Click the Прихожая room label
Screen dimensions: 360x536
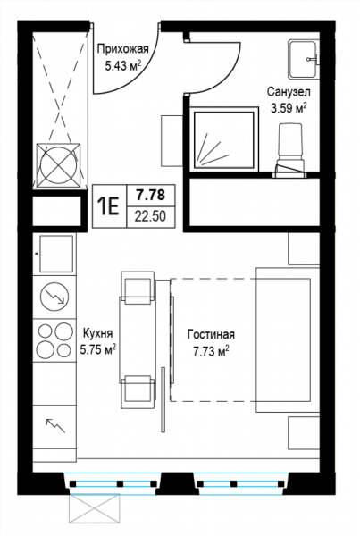point(122,49)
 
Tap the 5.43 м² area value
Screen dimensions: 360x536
point(123,65)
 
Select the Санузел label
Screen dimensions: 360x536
point(289,92)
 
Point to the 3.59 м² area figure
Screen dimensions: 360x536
point(289,108)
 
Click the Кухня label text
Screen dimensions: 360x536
point(97,333)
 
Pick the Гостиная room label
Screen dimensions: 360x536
point(211,334)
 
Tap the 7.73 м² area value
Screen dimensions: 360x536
point(211,351)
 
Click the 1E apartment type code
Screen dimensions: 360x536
point(108,206)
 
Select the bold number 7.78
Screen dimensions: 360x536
point(151,195)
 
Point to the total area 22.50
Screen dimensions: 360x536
point(150,216)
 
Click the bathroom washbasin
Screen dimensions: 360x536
point(304,58)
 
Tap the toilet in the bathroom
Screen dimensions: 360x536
point(290,151)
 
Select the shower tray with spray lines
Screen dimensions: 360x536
point(224,139)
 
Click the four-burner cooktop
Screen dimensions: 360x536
point(54,340)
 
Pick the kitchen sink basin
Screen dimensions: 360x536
point(57,254)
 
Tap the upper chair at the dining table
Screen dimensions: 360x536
point(138,288)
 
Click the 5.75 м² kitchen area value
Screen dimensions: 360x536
point(97,349)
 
